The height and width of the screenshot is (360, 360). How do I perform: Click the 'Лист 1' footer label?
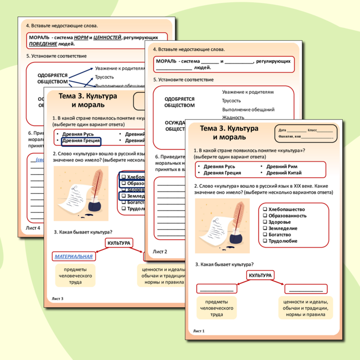pyautogui.click(x=199, y=331)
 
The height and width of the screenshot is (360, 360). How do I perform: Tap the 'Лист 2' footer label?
pyautogui.click(x=160, y=252)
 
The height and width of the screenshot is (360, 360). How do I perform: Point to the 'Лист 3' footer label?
pyautogui.click(x=57, y=298)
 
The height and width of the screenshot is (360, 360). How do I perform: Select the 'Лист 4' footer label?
pyautogui.click(x=32, y=228)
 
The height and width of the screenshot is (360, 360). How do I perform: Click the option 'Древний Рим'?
pyautogui.click(x=282, y=166)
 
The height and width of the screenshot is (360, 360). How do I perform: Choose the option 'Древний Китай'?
pyautogui.click(x=284, y=173)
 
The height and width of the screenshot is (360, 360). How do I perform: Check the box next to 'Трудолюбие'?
pyautogui.click(x=265, y=241)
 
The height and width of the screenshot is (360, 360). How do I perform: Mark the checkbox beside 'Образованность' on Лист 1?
pyautogui.click(x=265, y=216)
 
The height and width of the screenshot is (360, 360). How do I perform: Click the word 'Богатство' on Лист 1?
pyautogui.click(x=282, y=235)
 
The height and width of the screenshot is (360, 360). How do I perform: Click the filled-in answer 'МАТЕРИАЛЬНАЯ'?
pyautogui.click(x=74, y=256)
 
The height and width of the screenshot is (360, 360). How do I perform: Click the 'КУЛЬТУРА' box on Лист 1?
pyautogui.click(x=261, y=275)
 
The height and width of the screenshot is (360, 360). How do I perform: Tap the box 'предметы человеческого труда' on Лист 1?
pyautogui.click(x=216, y=308)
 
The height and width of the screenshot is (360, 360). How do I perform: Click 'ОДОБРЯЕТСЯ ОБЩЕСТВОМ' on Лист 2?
pyautogui.click(x=179, y=102)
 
